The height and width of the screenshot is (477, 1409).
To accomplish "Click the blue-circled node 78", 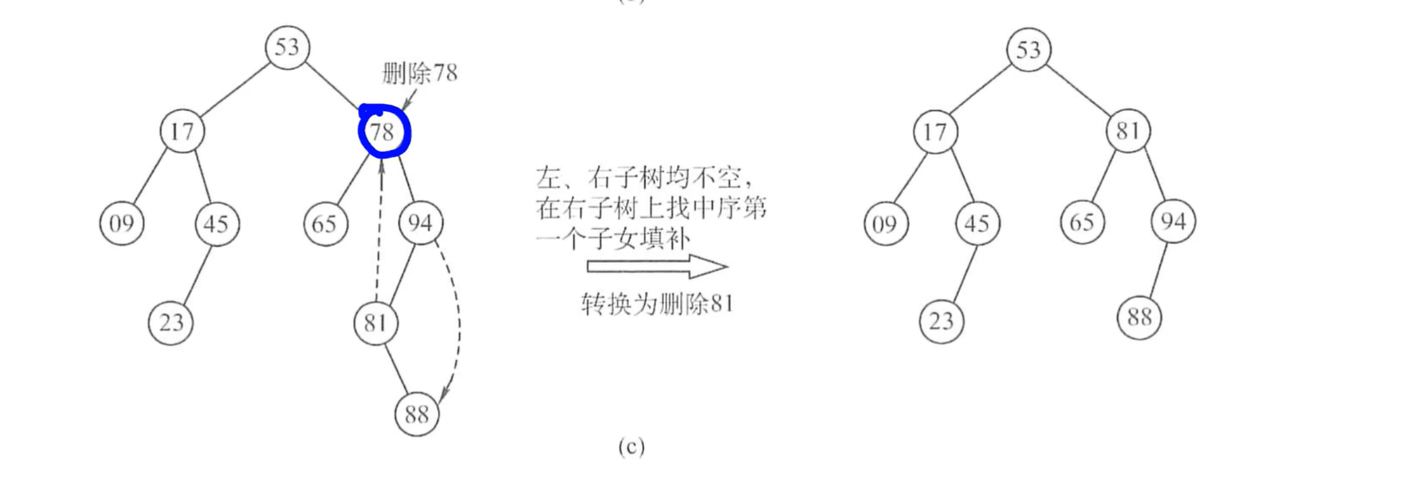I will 383,132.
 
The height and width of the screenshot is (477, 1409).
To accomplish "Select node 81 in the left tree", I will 375,323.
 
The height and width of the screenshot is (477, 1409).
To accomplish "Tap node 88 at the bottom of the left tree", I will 417,414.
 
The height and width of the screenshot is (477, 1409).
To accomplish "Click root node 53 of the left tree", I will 287,48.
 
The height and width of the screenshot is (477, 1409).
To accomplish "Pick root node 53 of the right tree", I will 1028,50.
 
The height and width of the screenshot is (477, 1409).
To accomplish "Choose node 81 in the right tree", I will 1128,131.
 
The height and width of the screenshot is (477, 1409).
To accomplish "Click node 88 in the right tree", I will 1139,317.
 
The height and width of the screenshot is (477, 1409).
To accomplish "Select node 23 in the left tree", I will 171,323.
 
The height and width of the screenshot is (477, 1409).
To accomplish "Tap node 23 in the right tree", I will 941,321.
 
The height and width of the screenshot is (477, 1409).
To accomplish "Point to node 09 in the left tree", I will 121,223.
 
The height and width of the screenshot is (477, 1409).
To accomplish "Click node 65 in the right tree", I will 1082,222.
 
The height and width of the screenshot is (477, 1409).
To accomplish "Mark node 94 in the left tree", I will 420,223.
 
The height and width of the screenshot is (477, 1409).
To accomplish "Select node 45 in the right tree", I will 977,224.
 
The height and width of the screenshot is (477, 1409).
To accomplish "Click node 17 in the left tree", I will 182,131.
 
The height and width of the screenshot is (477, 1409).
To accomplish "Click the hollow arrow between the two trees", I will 657,267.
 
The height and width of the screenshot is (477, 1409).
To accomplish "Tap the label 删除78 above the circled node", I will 420,73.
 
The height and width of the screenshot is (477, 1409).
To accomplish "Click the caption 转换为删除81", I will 657,304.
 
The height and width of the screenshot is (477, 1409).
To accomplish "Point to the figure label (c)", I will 631,447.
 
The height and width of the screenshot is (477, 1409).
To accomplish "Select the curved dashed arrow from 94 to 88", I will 458,323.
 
